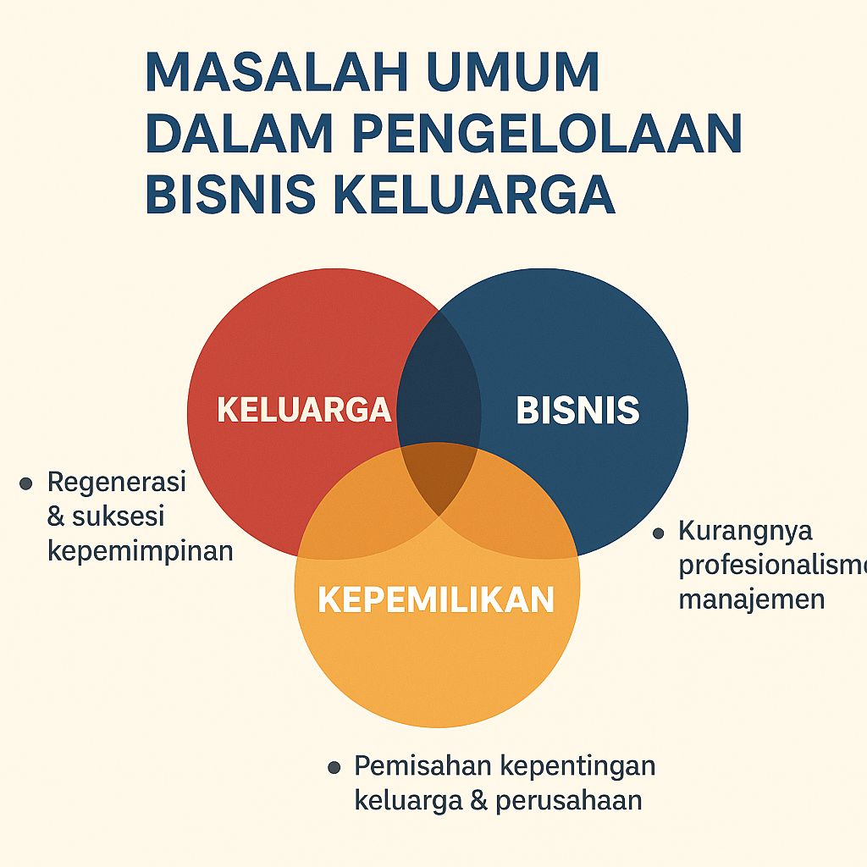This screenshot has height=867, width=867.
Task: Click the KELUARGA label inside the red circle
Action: pos(304,410)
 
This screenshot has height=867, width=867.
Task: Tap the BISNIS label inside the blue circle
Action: pos(577,411)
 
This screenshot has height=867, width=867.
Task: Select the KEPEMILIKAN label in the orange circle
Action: pos(436,599)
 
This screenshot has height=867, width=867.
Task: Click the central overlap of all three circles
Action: pos(439,478)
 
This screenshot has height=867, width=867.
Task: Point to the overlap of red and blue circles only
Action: pos(439,381)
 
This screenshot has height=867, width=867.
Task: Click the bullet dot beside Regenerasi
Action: pos(26,483)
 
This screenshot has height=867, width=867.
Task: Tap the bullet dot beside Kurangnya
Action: pos(658,533)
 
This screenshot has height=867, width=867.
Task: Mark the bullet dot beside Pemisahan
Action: pos(334,768)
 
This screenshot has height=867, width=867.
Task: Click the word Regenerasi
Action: pos(116,483)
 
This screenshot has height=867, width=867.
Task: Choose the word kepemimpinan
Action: pos(140,551)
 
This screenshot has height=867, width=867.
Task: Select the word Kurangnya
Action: pos(745,531)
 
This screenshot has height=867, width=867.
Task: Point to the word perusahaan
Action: pos(569,800)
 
